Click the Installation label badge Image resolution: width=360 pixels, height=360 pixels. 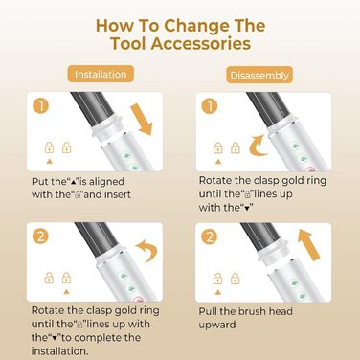click(101, 74)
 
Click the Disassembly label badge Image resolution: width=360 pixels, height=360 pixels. click(259, 75)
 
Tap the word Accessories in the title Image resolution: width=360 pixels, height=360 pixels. click(201, 43)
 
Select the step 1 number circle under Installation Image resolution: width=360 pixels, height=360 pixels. click(41, 106)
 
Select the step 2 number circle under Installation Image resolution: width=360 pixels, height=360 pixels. click(41, 236)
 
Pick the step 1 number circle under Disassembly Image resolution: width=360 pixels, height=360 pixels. click(210, 106)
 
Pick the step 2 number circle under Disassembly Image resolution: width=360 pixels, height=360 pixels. click(210, 236)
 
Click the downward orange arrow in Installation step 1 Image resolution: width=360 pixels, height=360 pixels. click(142, 120)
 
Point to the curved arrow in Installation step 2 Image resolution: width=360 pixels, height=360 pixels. click(148, 250)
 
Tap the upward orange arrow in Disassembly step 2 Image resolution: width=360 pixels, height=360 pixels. click(309, 245)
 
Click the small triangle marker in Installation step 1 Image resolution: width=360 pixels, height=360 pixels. click(49, 162)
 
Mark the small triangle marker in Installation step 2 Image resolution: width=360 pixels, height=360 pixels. click(66, 292)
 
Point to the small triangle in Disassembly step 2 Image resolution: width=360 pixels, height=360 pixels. click(218, 292)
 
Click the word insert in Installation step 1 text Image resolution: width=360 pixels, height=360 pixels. click(117, 194)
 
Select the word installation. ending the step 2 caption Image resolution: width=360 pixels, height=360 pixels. click(59, 351)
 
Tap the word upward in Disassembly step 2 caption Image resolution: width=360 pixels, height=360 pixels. click(217, 326)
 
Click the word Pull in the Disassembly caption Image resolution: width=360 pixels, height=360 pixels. click(208, 311)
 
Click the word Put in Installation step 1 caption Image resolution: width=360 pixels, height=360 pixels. click(40, 182)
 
